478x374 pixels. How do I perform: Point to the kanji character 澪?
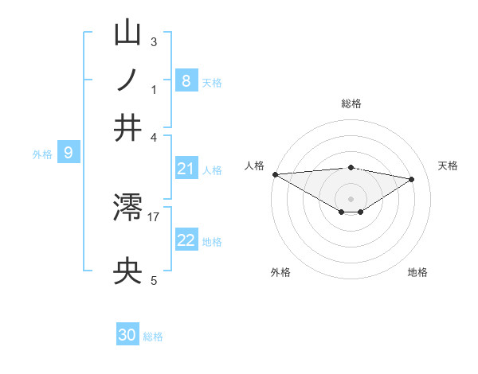[128, 208]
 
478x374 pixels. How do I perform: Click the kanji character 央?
[128, 273]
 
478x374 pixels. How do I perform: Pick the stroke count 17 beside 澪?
[154, 216]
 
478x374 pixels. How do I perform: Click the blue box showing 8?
[186, 80]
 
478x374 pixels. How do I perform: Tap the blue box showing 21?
[186, 168]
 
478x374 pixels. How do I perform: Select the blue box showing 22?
[186, 240]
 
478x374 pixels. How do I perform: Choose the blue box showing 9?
[69, 153]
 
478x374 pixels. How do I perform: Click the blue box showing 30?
[127, 335]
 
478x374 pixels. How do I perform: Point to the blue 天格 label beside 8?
[212, 82]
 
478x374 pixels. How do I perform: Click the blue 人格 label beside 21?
[212, 169]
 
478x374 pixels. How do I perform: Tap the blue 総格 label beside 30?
[153, 337]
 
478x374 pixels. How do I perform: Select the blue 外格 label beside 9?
[42, 154]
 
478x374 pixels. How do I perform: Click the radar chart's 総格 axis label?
[351, 103]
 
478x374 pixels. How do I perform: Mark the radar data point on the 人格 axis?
[275, 174]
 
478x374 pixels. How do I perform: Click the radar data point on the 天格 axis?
[412, 179]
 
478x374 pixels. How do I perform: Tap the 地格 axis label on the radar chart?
[417, 272]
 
